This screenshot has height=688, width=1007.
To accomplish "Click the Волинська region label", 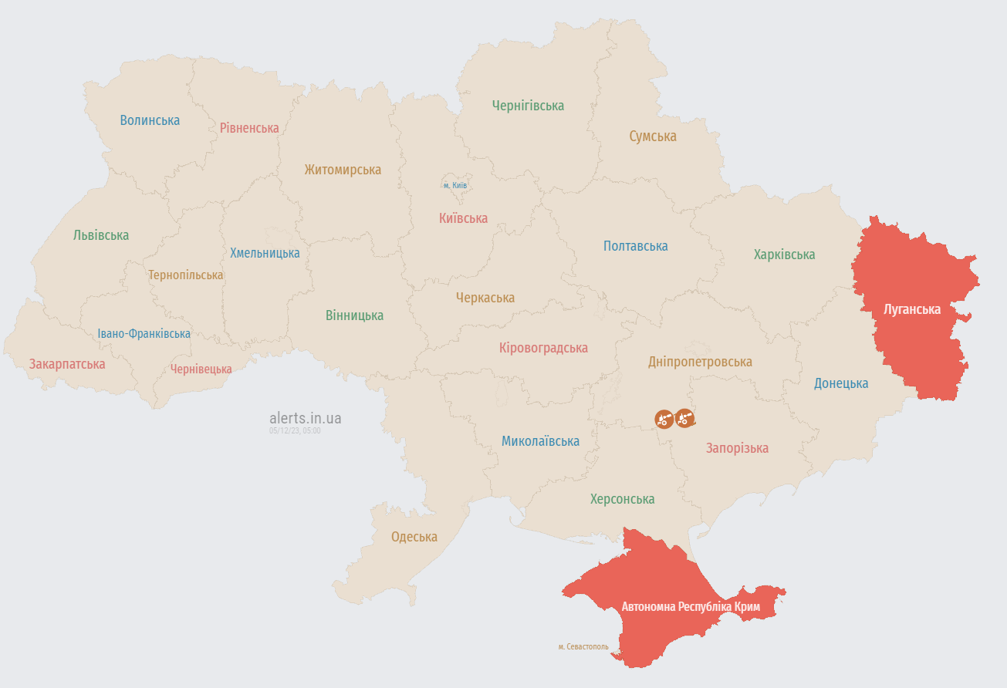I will pos(150,120).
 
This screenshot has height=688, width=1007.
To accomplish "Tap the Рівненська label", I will pos(249,128).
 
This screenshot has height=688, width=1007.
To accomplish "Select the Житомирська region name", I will pos(343,170).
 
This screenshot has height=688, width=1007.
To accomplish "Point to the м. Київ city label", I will pos(455,186).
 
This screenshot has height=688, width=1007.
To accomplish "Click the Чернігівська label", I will pos(529,106).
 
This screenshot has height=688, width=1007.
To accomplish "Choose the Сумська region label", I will pos(653,137).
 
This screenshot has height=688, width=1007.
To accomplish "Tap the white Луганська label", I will pos(912,309).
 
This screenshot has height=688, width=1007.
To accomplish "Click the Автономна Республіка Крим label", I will pos(691,607).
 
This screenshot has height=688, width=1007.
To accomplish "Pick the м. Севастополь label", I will pos(583,646).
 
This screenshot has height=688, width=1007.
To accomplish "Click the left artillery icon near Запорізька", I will pos(664,419).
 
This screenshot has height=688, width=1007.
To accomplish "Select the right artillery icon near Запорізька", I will pos(684,418).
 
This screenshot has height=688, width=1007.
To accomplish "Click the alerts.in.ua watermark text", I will pos(306,418).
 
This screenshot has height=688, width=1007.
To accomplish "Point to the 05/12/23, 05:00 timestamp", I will pos(295,431).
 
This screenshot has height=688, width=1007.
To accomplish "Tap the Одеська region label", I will pos(414,537).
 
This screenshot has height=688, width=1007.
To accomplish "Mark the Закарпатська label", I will pos(67,363).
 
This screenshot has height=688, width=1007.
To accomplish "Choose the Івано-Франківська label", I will pos(144,334).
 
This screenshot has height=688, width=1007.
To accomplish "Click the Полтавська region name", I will pos(636,246).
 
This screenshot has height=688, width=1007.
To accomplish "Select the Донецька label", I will pos(841,383).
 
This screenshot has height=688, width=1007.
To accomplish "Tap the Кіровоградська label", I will pos(543,348).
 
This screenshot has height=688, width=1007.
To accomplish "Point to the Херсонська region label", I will pos(622,499).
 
